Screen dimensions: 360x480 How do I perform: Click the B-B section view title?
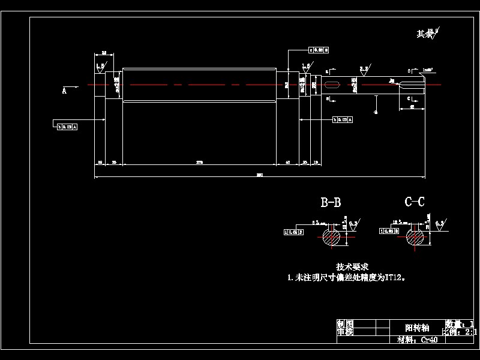click(331, 203)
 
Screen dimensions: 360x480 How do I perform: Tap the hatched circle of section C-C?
click(414, 236)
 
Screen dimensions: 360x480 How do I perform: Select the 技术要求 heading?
click(352, 266)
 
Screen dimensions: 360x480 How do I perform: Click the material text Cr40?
click(428, 340)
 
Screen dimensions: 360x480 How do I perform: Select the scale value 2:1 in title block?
click(469, 331)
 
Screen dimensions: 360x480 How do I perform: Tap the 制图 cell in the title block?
click(345, 323)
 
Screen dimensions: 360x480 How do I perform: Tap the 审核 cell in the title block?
click(345, 331)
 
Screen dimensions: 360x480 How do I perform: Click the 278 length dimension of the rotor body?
click(199, 163)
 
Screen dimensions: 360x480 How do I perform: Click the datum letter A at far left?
click(64, 91)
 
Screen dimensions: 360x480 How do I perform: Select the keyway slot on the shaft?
click(331, 85)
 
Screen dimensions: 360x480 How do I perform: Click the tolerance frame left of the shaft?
click(67, 127)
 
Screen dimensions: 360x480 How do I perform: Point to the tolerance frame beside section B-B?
click(293, 230)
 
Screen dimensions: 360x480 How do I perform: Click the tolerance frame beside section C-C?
click(387, 230)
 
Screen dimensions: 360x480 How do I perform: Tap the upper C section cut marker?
click(409, 71)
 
